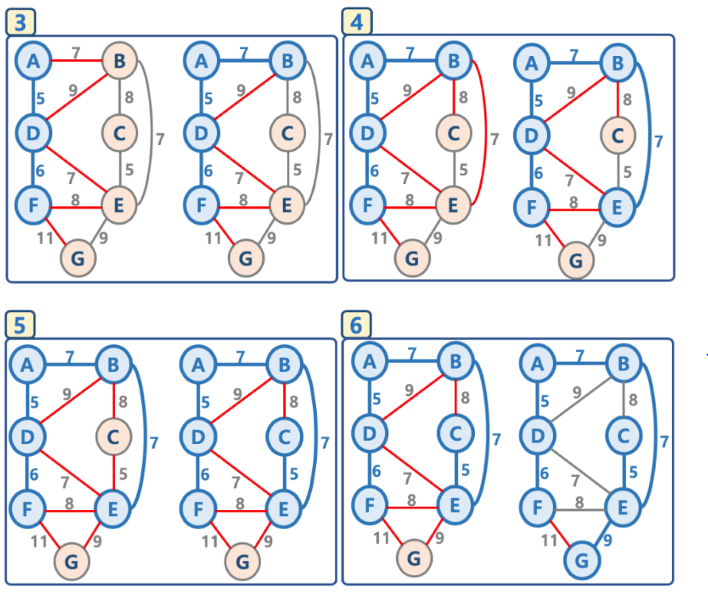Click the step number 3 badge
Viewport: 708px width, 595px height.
(20, 23)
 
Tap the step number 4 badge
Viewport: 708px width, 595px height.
(356, 23)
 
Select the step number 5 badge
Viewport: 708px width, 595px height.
(20, 325)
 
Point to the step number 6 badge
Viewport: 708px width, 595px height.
(356, 325)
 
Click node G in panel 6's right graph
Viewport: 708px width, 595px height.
(582, 561)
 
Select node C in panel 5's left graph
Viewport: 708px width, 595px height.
(114, 438)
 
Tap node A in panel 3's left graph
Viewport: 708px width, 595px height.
(32, 61)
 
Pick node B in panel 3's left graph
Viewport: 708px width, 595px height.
(119, 61)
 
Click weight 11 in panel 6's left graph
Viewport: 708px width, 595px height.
(380, 537)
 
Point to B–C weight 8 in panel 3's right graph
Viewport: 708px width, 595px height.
(297, 97)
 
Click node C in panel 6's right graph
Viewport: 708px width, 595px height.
(622, 436)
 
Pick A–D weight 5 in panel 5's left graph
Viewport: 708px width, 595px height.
(33, 401)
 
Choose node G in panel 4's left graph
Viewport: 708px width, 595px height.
(413, 258)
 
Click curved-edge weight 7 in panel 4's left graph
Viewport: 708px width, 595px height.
(494, 140)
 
